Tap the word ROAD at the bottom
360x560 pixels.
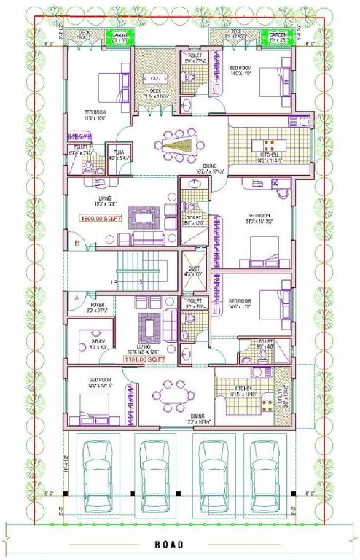[x=178, y=545]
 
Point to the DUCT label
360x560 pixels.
[x=193, y=268]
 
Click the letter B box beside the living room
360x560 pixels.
[x=76, y=243]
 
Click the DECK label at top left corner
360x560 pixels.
[x=84, y=33]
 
